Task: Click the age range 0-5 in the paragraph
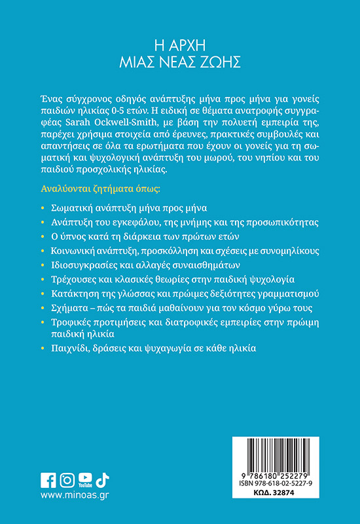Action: [x=122, y=108]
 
